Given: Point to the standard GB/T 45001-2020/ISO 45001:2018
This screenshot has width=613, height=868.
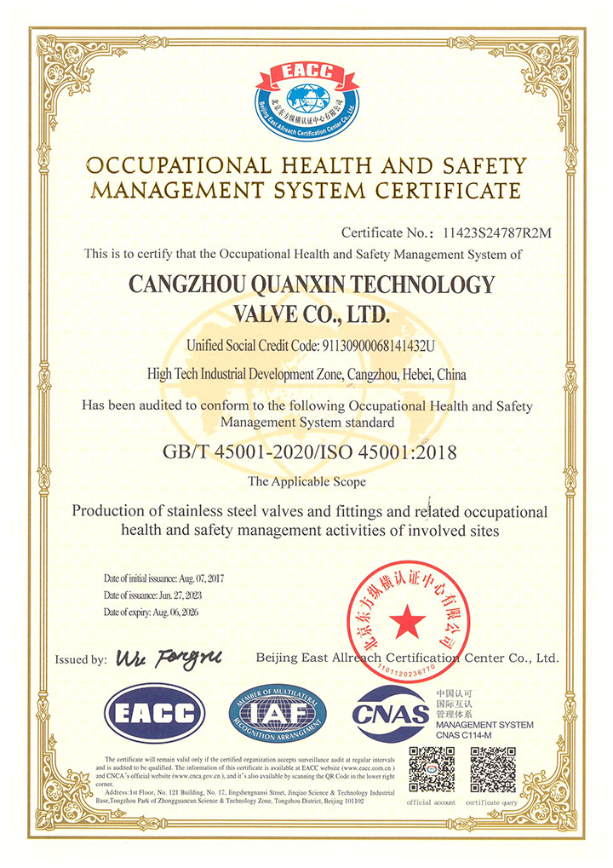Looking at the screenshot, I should click(308, 452).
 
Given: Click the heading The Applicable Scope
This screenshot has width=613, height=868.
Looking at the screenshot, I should click(306, 481).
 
